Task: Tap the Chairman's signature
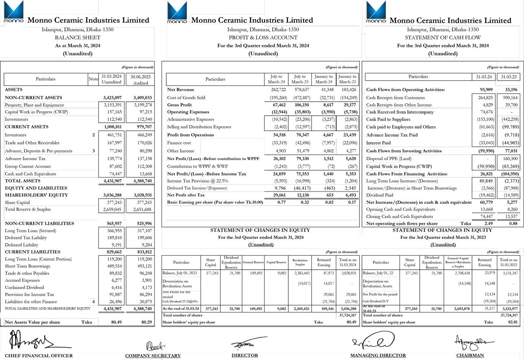[x=469, y=341]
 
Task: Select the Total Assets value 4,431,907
[x=112, y=181]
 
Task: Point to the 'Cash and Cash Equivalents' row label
[x=30, y=174]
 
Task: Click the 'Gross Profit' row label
[x=180, y=105]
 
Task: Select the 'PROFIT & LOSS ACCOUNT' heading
[x=263, y=38]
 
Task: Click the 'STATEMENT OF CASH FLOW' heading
[x=443, y=38]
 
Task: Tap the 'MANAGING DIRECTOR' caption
[x=378, y=356]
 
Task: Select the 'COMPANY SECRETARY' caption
[x=153, y=356]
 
